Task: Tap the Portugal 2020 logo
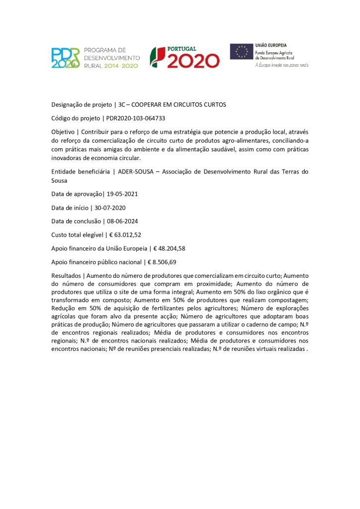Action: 185,57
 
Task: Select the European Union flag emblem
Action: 242,52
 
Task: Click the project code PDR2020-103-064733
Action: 136,118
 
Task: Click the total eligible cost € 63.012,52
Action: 127,234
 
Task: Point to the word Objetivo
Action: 64,132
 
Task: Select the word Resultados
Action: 67,275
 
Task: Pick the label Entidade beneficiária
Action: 81,171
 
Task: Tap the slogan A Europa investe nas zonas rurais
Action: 282,65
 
